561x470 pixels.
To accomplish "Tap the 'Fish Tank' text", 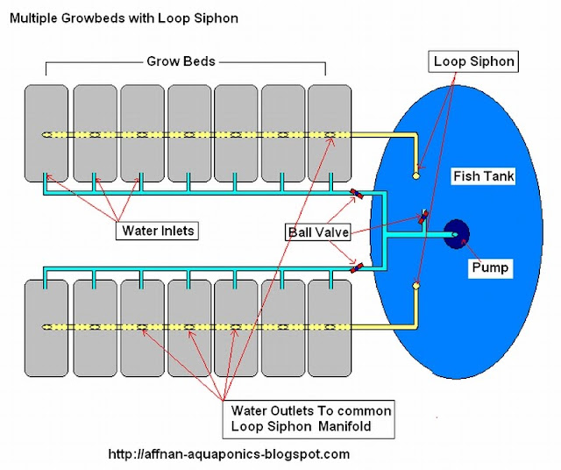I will (483, 176).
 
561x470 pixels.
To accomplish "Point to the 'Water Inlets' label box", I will (155, 231).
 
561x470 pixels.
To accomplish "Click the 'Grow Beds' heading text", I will (180, 62).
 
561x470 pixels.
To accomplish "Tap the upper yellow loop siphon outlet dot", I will (416, 176).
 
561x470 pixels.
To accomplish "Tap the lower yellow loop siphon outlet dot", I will (416, 286).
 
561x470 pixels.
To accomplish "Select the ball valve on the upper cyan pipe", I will (357, 194).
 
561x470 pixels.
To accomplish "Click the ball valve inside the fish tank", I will (423, 217).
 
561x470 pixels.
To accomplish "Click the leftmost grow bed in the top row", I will (46, 132).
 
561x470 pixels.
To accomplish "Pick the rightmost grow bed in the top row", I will (330, 132).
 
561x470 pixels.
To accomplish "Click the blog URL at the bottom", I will (229, 454).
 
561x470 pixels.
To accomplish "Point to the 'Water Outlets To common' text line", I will (311, 410).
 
